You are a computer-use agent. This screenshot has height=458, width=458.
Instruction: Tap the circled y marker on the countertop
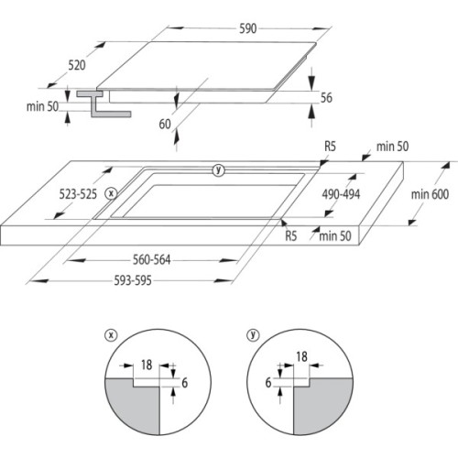[x=217, y=169]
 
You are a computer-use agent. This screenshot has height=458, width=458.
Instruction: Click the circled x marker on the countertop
[x=112, y=192]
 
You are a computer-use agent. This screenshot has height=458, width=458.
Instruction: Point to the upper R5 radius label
[x=329, y=147]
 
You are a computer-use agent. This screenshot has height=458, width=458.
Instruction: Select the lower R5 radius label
[x=290, y=235]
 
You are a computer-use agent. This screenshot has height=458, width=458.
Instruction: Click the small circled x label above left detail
[x=111, y=335]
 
